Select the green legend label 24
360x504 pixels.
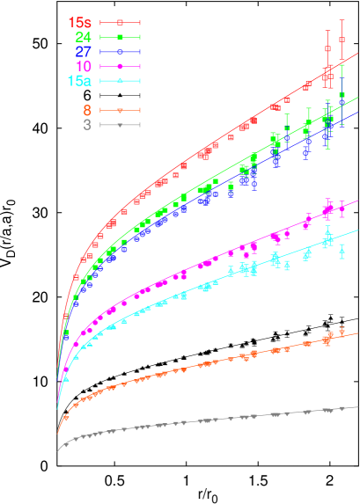(83, 37)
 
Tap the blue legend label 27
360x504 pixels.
(83, 51)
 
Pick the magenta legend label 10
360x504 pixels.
(83, 66)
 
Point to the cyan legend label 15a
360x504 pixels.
(79, 81)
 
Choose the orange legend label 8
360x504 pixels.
(87, 110)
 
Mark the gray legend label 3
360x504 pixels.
(87, 125)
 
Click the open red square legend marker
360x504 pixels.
(121, 22)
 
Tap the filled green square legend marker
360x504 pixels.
(121, 37)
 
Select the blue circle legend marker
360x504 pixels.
(121, 52)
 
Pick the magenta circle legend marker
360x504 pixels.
(121, 66)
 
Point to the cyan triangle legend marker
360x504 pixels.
(121, 81)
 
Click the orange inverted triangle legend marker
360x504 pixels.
(121, 110)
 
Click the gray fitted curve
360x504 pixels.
(220, 420)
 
